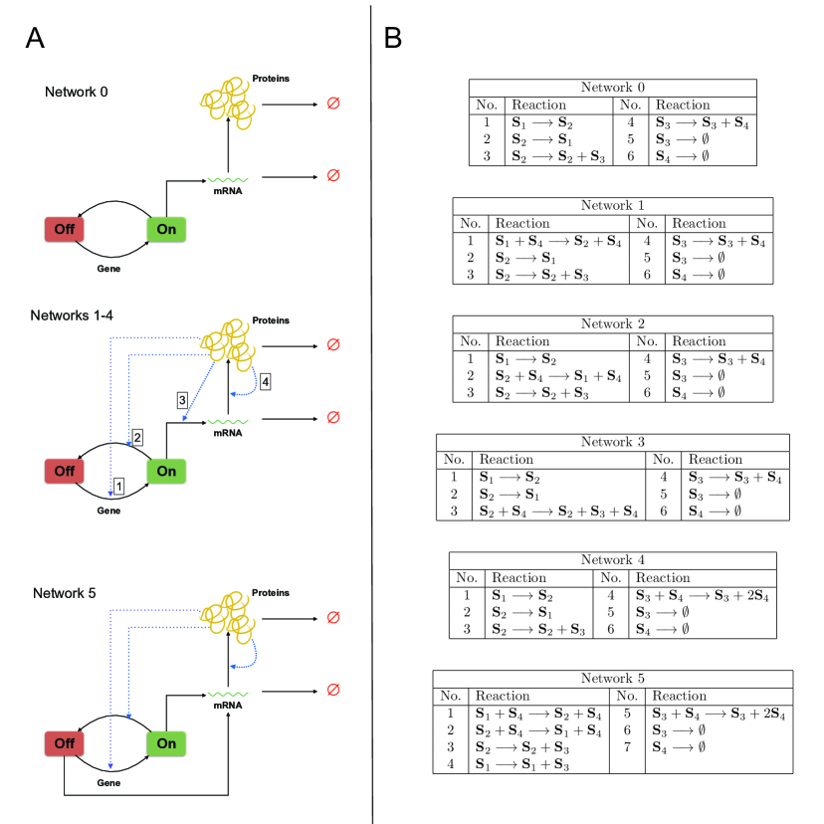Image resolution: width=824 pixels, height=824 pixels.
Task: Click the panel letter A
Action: (x=35, y=38)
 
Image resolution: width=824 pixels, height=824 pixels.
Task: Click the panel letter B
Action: (x=393, y=38)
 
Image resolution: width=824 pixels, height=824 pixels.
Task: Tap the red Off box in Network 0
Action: (x=64, y=229)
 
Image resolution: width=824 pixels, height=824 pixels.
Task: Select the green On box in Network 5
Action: (x=166, y=743)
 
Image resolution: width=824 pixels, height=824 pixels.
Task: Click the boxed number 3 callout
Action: (x=182, y=400)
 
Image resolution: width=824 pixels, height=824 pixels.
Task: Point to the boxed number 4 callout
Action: (x=266, y=381)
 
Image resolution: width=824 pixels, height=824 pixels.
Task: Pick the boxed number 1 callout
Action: (x=119, y=486)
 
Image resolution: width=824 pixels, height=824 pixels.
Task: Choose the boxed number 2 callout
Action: (x=137, y=437)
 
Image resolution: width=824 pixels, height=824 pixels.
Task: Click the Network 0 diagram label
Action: (x=77, y=92)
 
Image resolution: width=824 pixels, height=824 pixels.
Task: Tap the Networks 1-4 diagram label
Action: (x=72, y=315)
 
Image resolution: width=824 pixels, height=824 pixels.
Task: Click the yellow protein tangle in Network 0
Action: (x=228, y=103)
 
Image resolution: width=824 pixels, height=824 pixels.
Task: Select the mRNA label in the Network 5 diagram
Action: (x=228, y=706)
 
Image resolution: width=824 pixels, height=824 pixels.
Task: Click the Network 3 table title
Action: (x=613, y=442)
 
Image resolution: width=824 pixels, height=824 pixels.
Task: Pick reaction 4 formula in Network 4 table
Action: (x=702, y=595)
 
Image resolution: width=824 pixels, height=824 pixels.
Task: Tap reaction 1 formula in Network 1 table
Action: (x=558, y=241)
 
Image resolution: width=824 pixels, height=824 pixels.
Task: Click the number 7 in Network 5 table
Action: (x=627, y=746)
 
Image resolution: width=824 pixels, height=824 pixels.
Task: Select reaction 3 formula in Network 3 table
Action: (x=558, y=512)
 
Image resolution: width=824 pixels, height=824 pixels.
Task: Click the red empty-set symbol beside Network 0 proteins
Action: (x=333, y=103)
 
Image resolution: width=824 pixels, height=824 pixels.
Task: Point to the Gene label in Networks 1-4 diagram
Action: (x=108, y=511)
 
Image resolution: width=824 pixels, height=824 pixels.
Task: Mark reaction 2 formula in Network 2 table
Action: (x=558, y=376)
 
